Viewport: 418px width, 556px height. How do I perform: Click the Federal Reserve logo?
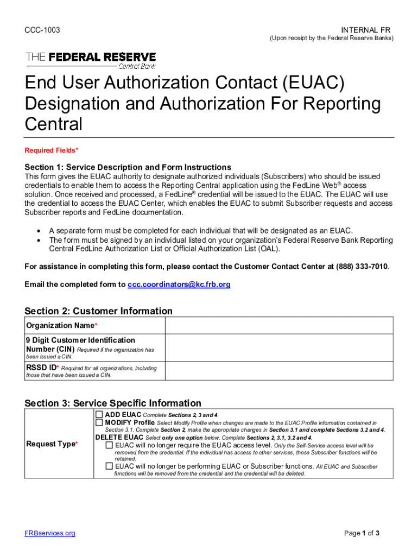point(91,60)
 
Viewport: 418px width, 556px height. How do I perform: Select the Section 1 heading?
point(128,167)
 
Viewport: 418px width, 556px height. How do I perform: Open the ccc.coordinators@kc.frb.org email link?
point(179,285)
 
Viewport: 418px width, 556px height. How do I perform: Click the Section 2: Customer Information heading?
point(98,311)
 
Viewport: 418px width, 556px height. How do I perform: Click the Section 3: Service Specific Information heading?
point(113,403)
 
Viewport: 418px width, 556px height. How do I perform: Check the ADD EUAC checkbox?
point(99,414)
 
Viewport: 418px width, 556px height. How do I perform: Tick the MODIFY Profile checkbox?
point(99,422)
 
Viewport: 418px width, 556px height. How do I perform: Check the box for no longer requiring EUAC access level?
point(109,445)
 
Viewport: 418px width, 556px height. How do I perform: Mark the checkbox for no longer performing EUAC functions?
point(109,466)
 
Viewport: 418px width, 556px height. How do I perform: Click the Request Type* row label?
point(52,444)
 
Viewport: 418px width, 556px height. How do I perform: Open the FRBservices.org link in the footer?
point(50,533)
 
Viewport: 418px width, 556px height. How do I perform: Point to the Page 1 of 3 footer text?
point(362,533)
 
